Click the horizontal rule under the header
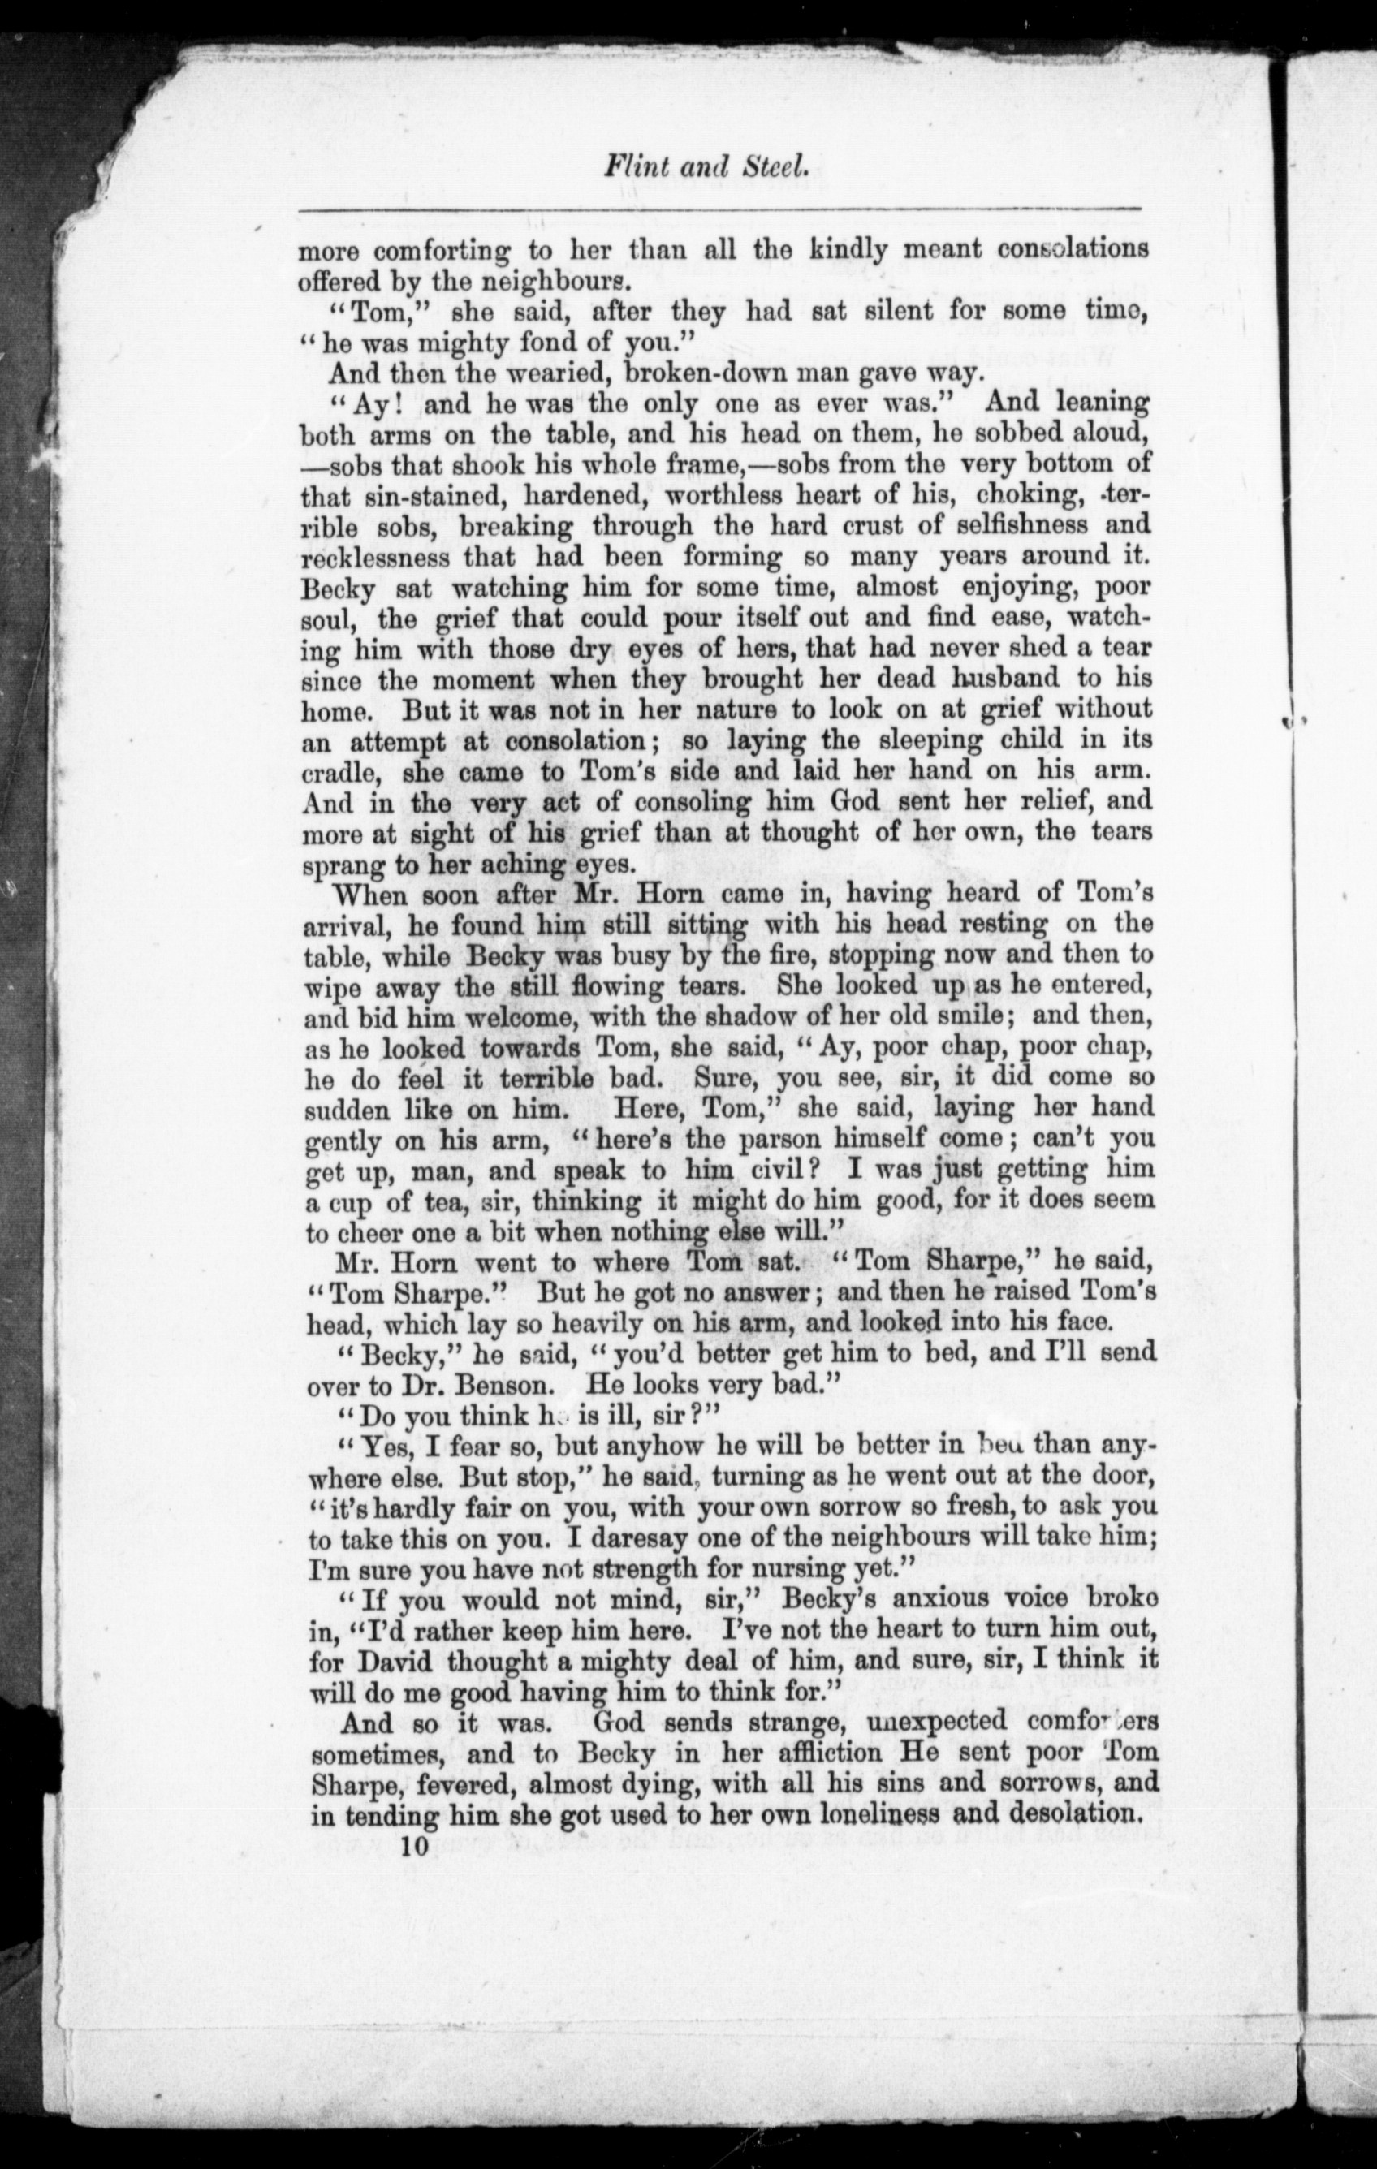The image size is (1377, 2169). click(719, 210)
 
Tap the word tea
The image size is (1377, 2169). click(442, 1202)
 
